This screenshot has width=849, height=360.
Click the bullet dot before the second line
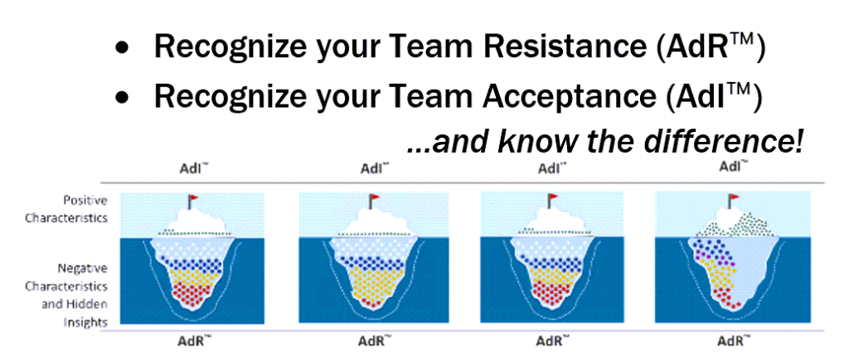124,97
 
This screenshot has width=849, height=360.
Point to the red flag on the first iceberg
193,198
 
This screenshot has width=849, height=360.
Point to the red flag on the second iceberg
374,198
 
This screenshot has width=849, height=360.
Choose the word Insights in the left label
91,322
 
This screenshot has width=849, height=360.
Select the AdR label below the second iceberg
374,342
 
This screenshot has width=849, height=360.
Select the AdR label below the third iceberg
551,342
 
